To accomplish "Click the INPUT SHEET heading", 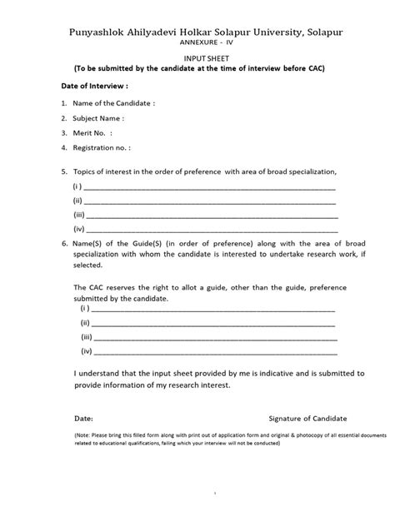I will click(x=197, y=57).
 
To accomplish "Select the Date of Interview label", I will click(x=95, y=86).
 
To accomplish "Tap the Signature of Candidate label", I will click(x=307, y=417).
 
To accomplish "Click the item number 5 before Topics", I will click(x=64, y=171).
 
